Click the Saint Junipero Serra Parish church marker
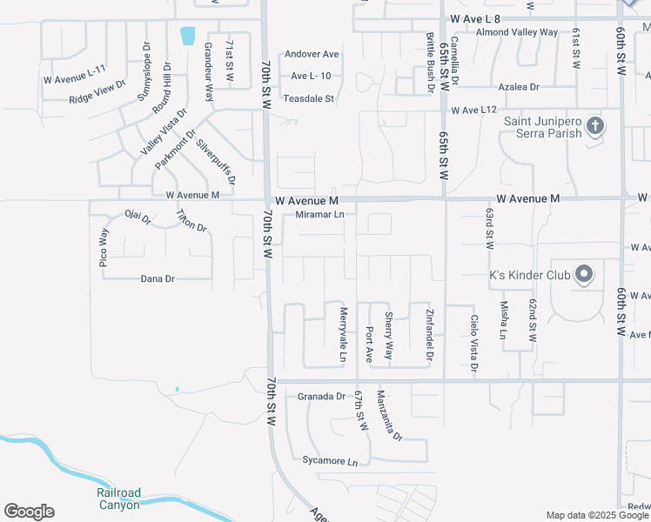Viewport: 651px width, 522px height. [595, 127]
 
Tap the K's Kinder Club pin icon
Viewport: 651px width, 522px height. [584, 276]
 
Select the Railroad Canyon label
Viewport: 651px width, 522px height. [117, 499]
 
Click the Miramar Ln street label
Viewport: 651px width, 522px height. [320, 214]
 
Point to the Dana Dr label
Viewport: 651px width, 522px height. [158, 279]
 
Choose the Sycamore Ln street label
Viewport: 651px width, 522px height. [330, 460]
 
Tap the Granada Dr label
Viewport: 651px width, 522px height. [321, 397]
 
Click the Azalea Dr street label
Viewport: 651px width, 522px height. [519, 88]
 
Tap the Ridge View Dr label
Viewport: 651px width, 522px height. [97, 92]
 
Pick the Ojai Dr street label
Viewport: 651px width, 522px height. [138, 217]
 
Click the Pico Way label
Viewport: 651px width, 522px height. [103, 246]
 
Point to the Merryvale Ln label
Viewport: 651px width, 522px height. [343, 334]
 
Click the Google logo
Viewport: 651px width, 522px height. [29, 512]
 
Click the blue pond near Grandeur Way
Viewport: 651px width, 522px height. [187, 37]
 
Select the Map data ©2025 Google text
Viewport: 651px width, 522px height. [596, 515]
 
